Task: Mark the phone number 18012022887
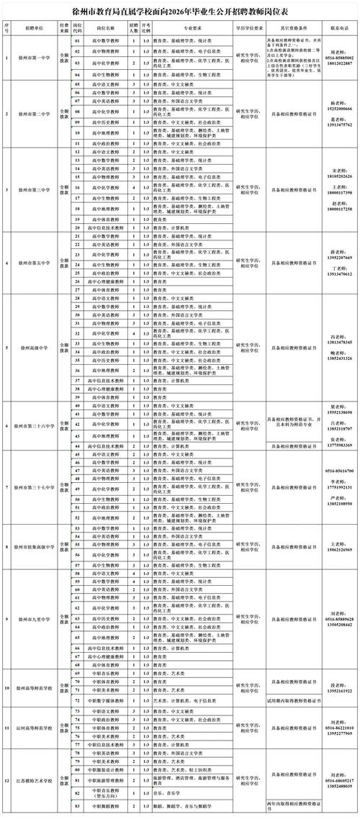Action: click(339, 63)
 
